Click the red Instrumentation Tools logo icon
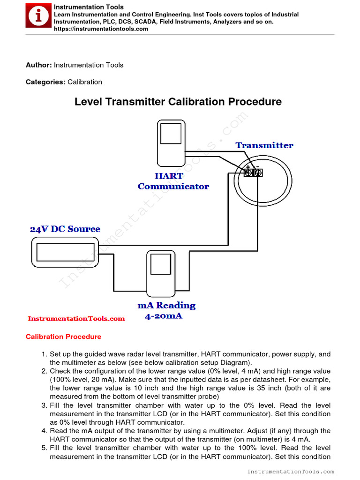tap(38, 17)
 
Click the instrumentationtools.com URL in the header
tap(101, 29)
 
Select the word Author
tap(38, 65)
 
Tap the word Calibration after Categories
tap(85, 82)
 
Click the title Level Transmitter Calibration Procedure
tap(178, 102)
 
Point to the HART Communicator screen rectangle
tap(171, 133)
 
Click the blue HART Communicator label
tap(173, 181)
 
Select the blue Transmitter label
tap(264, 145)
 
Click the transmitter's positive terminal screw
tap(248, 173)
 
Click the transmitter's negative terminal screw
tap(258, 173)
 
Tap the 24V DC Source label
tap(65, 229)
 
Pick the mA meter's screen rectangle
tap(160, 266)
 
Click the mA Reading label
tap(166, 306)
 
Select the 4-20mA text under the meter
tap(163, 316)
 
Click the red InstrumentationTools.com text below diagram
tap(76, 319)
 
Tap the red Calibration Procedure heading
tap(63, 337)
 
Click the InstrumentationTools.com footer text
tap(290, 472)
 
